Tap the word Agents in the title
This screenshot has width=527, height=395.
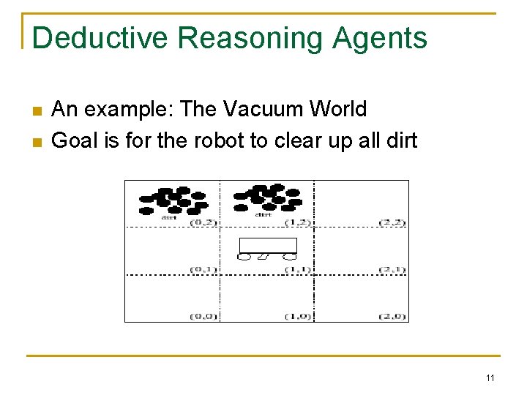(380, 38)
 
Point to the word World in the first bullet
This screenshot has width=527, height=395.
(338, 110)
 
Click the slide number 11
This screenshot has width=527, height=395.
(490, 378)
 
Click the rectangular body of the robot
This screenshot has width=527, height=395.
(269, 245)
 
